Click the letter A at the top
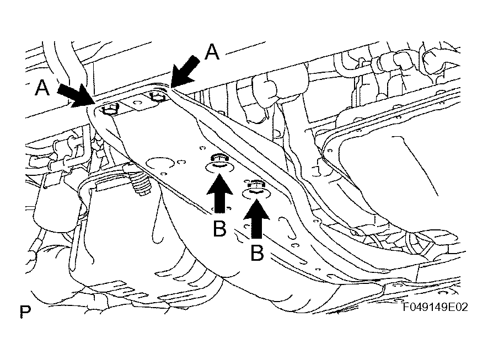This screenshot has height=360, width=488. (212, 52)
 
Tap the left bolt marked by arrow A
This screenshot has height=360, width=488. (110, 110)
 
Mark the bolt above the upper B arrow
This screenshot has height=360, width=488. (218, 160)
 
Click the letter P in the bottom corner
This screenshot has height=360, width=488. (25, 313)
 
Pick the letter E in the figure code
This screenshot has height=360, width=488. (453, 307)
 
